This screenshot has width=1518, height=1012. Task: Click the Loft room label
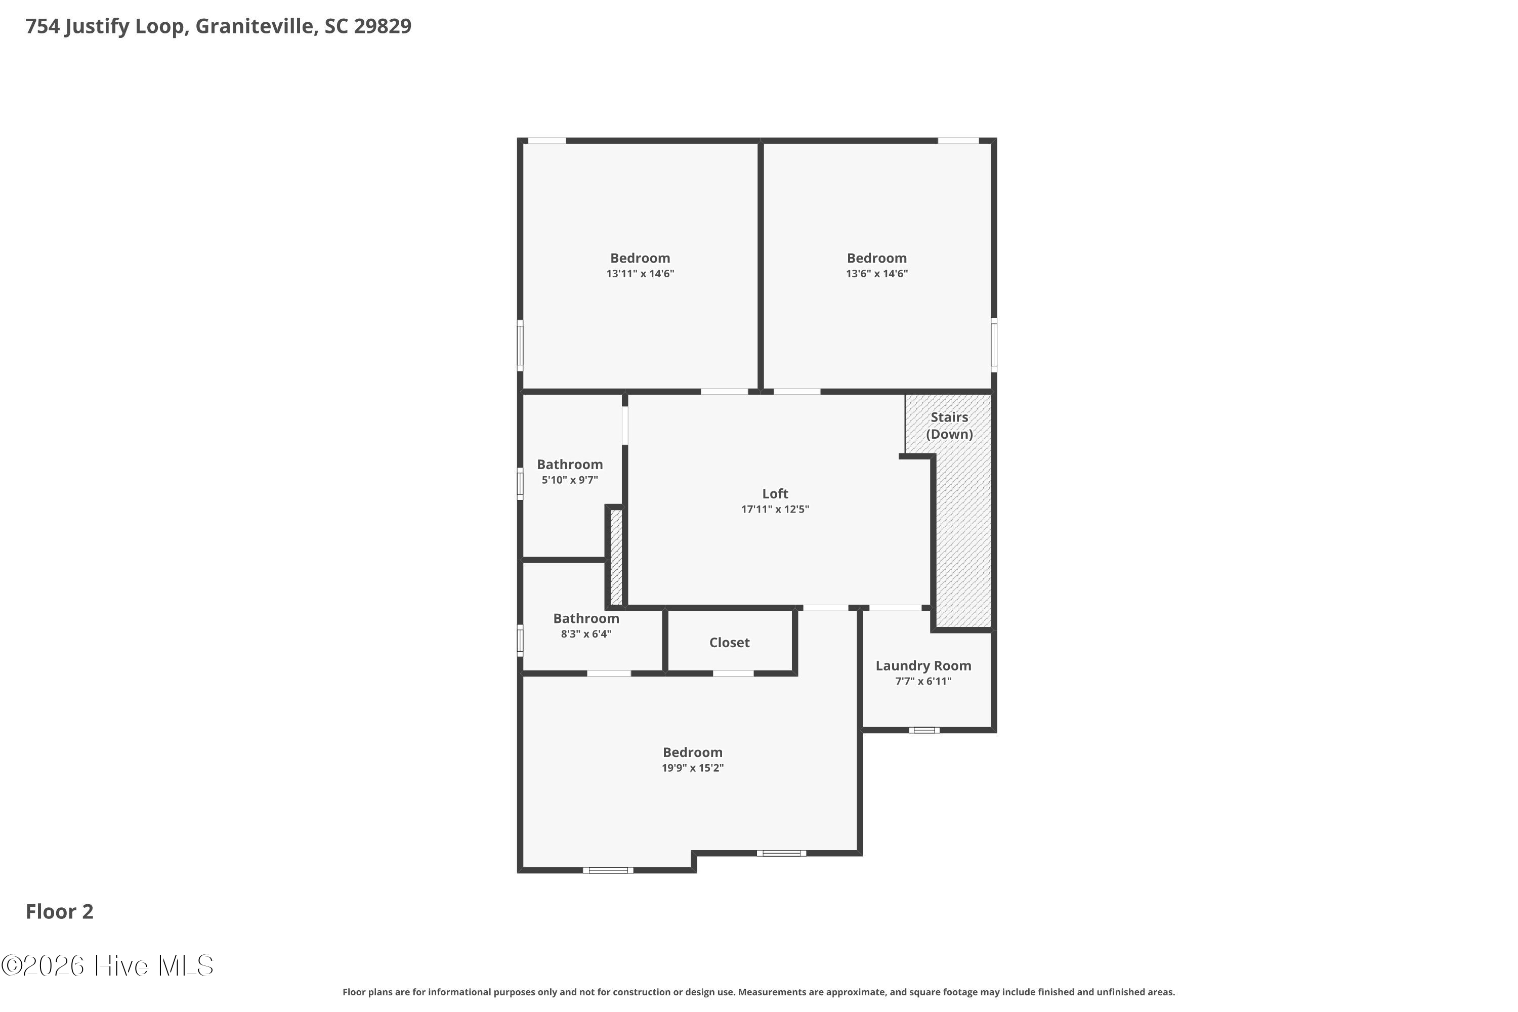[x=775, y=494]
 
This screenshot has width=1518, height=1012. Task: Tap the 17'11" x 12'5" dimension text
[x=775, y=509]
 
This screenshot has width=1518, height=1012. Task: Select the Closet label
[x=729, y=642]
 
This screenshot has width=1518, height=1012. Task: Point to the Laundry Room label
[x=923, y=665]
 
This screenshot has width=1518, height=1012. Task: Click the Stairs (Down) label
[x=949, y=426]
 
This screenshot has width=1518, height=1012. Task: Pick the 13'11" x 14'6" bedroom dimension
[x=640, y=274]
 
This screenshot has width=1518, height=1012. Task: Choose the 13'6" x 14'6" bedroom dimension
[x=876, y=274]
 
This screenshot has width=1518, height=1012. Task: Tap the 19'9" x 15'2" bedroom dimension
[x=693, y=768]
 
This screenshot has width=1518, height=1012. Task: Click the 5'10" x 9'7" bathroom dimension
[x=569, y=480]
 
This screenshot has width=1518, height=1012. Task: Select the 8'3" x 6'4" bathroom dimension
[x=585, y=635]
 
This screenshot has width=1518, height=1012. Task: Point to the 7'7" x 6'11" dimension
[x=923, y=682]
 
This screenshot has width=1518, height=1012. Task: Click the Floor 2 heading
[x=59, y=911]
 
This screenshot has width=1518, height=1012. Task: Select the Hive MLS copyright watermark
[x=107, y=965]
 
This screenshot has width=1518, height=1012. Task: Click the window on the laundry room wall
[x=924, y=730]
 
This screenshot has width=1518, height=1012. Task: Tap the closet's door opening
[x=733, y=674]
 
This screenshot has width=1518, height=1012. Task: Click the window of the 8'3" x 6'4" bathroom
[x=520, y=640]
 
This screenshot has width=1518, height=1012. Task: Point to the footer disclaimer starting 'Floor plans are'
[x=758, y=992]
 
